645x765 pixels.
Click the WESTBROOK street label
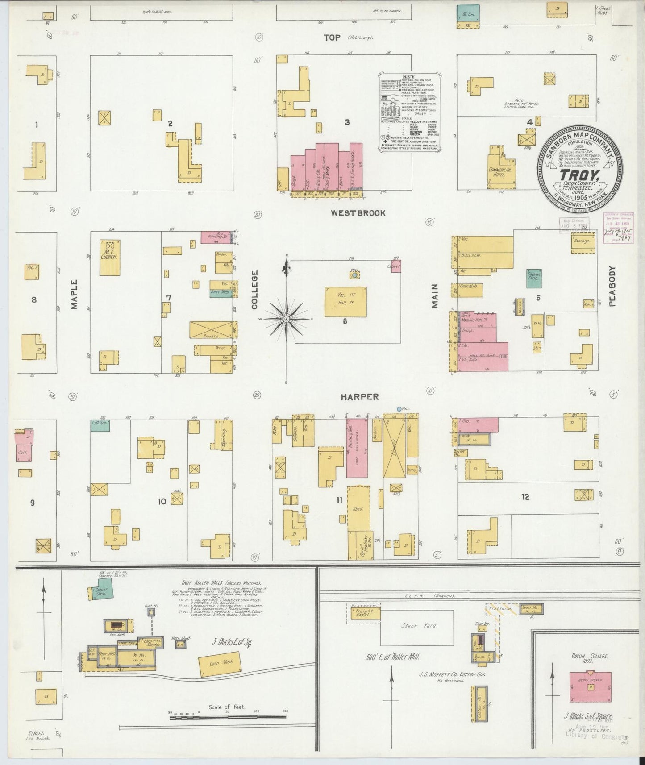(x=358, y=213)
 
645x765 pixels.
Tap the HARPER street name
(x=359, y=396)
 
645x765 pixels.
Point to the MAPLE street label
(x=74, y=294)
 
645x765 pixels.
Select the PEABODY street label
(x=612, y=286)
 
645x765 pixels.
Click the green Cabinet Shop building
(x=534, y=278)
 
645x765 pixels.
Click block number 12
(x=525, y=497)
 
